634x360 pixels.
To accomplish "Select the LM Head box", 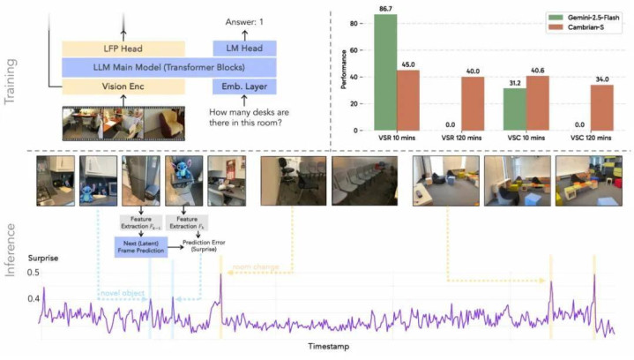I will pos(244,48).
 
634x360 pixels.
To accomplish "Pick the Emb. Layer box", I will pos(244,86).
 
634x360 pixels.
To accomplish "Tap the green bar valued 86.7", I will pos(384,71).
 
